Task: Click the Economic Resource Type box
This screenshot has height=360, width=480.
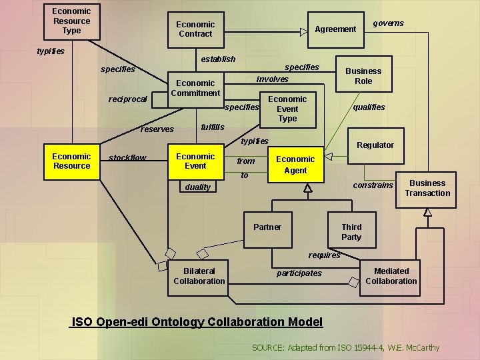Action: pyautogui.click(x=72, y=22)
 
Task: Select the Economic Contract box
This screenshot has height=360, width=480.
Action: pyautogui.click(x=196, y=30)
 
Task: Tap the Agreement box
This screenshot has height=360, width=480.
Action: pyautogui.click(x=336, y=30)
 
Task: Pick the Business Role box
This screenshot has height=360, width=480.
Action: pyautogui.click(x=364, y=74)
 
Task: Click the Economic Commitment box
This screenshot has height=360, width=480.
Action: pyautogui.click(x=196, y=90)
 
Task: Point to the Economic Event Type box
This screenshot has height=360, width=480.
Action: pyautogui.click(x=288, y=110)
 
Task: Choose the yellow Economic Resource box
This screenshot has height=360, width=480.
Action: pyautogui.click(x=72, y=162)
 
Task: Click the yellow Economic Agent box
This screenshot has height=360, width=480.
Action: pyautogui.click(x=296, y=165)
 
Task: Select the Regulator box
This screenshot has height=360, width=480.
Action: pyautogui.click(x=375, y=146)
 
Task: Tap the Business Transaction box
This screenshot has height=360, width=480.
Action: pyautogui.click(x=426, y=190)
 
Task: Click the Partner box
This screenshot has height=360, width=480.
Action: pyautogui.click(x=268, y=230)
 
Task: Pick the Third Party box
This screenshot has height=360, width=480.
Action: pyautogui.click(x=352, y=230)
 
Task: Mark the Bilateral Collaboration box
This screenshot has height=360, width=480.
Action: pyautogui.click(x=198, y=278)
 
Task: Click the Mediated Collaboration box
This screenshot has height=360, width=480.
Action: pyautogui.click(x=390, y=278)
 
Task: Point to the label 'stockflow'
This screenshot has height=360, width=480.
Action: pyautogui.click(x=127, y=157)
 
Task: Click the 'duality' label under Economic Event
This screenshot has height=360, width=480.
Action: pyautogui.click(x=198, y=187)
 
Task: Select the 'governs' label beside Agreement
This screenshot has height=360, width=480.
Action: pyautogui.click(x=389, y=23)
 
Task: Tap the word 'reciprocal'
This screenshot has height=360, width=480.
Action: pyautogui.click(x=127, y=99)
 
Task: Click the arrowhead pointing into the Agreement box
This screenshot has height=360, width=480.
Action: pyautogui.click(x=304, y=32)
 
